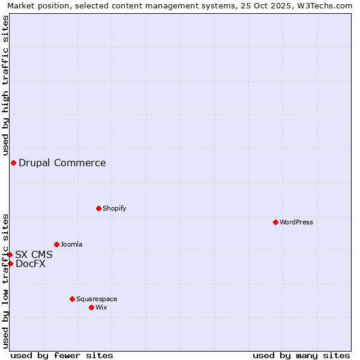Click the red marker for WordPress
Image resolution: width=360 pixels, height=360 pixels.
click(275, 222)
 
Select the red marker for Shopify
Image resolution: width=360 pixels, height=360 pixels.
click(98, 208)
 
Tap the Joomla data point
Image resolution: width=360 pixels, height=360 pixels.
click(56, 244)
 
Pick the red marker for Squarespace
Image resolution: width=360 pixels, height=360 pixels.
click(72, 299)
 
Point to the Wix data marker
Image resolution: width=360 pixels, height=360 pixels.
click(91, 307)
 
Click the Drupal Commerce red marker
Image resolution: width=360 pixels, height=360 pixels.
click(13, 163)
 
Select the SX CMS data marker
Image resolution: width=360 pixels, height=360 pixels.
click(10, 254)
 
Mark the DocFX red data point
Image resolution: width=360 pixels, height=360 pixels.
click(10, 263)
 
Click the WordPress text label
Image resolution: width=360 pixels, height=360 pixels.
click(296, 222)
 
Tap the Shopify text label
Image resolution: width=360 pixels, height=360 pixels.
click(114, 208)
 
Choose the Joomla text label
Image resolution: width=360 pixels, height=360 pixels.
click(71, 244)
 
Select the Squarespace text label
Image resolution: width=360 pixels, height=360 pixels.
click(97, 299)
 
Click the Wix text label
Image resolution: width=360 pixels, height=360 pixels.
click(101, 307)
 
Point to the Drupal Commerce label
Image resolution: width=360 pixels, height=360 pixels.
click(62, 163)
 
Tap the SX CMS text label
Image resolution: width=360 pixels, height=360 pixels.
click(34, 254)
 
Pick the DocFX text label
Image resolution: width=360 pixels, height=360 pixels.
click(31, 263)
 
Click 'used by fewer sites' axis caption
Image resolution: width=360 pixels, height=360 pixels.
click(62, 355)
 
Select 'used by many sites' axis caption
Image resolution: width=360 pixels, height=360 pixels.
click(301, 355)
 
